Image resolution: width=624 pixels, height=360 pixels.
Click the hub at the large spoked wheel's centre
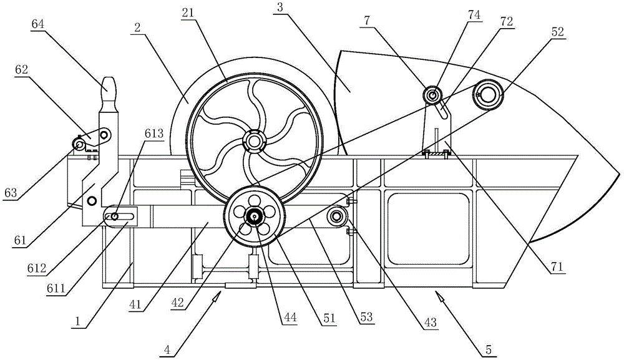[x=253, y=141]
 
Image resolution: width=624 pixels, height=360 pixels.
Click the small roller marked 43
[x=337, y=216]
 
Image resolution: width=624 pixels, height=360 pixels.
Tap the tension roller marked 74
[x=431, y=95]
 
